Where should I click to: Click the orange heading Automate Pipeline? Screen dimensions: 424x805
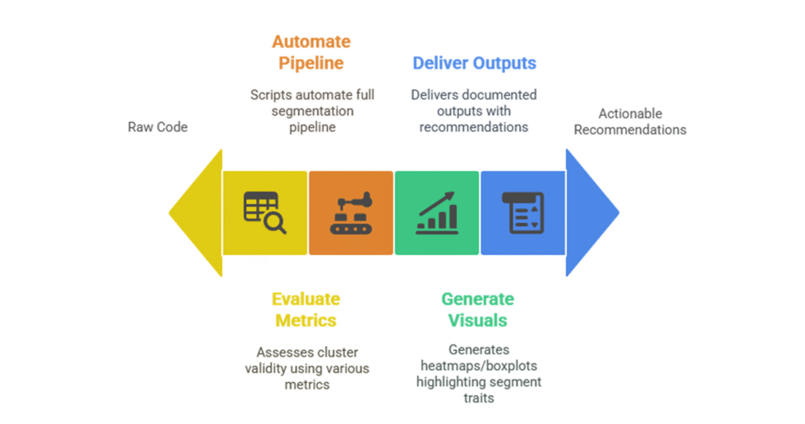click(x=311, y=52)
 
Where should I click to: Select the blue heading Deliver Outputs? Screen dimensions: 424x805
click(x=474, y=63)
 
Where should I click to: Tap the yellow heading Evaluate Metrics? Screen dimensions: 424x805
click(x=306, y=309)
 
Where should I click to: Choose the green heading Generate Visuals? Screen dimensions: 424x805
click(x=477, y=309)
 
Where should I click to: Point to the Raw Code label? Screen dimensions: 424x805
click(x=158, y=127)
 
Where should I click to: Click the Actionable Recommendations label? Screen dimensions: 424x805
click(x=630, y=121)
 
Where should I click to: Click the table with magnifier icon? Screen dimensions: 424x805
click(x=264, y=212)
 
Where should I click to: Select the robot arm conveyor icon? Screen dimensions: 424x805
click(x=351, y=212)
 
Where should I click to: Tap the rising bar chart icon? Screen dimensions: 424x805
click(x=436, y=212)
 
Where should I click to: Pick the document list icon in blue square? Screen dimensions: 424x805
click(x=522, y=212)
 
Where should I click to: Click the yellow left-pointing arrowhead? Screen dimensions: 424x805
click(x=196, y=212)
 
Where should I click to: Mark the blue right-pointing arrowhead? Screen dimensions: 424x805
click(x=591, y=212)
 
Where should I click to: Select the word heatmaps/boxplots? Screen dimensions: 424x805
click(x=478, y=366)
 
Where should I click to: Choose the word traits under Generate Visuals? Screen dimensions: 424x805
click(x=478, y=398)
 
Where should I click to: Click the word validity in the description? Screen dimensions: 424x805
click(x=266, y=368)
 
